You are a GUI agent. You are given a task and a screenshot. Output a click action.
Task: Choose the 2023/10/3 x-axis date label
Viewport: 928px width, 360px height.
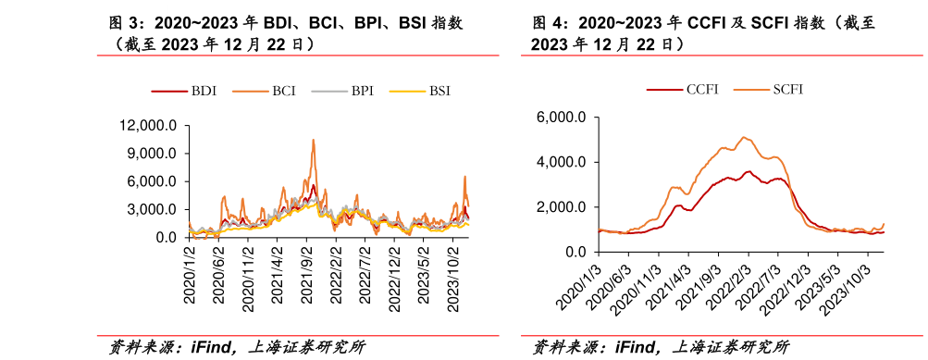click(x=854, y=288)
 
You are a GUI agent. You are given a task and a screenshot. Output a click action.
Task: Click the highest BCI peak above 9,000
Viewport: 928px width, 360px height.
click(x=314, y=140)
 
